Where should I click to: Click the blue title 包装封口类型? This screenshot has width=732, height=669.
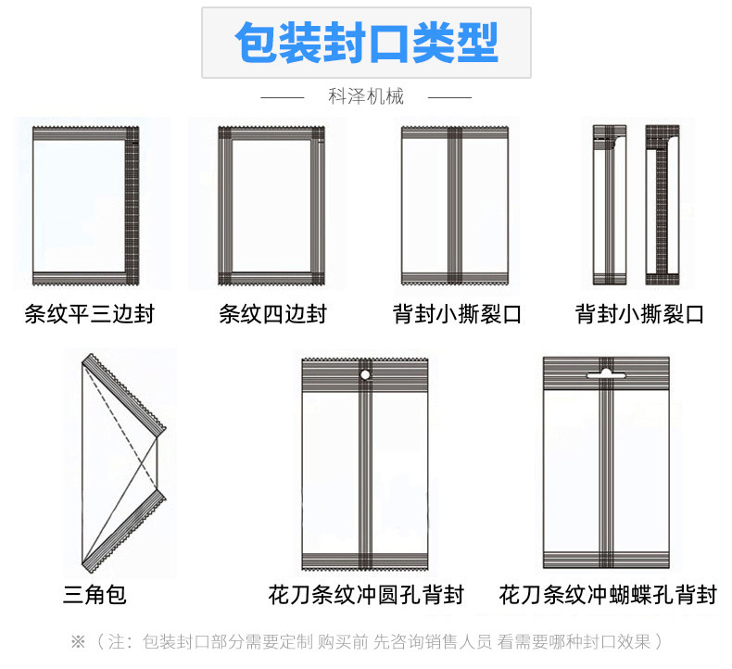coord(367,43)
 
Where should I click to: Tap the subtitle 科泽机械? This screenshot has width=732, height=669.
coord(366,96)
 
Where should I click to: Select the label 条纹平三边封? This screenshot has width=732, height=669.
coord(89,314)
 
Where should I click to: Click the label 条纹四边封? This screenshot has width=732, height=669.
coord(273,314)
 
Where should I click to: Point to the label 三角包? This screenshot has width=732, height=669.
coord(95,594)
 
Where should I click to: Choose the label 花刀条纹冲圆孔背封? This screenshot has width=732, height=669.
coord(366,594)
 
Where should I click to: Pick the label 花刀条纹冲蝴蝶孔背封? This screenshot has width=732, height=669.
coord(607,594)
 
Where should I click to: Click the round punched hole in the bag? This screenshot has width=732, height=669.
coord(365,375)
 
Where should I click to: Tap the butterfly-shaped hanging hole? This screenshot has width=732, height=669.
coord(606,373)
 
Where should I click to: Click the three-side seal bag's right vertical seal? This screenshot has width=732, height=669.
coord(133,206)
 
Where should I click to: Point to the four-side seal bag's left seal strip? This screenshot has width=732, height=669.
coord(225,206)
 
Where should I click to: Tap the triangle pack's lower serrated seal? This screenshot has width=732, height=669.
coord(124,531)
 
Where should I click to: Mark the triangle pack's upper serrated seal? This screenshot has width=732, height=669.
coord(124,395)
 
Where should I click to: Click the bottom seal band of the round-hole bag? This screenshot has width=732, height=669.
coord(365,562)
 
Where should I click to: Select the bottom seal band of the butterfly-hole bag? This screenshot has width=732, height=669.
coord(606,560)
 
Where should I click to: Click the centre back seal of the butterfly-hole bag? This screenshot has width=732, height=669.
coord(606,462)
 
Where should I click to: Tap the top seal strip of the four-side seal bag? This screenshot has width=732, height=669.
coord(271,133)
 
